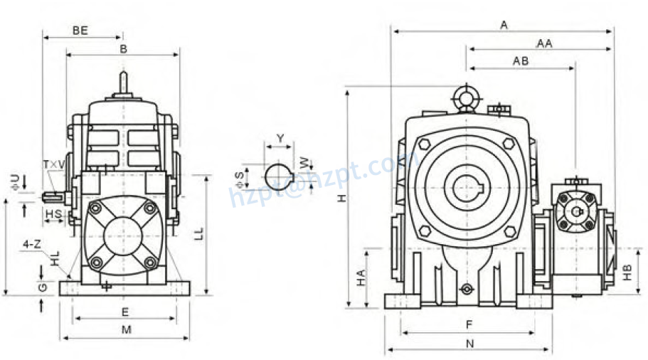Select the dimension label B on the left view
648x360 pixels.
coord(123,49)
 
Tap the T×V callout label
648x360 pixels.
coord(54,164)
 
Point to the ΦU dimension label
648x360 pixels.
coord(16,181)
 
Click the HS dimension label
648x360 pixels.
coord(53,213)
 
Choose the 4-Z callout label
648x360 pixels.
coord(31,244)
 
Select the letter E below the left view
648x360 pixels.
coord(125,312)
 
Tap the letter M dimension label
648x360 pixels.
coord(126,329)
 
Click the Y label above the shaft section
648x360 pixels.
coord(280,137)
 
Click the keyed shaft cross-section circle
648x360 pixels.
coord(278,175)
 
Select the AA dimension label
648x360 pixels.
coord(544,43)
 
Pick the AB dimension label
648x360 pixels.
coord(521,61)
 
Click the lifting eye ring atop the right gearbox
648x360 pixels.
coord(466,97)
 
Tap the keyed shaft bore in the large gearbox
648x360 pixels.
coord(466,189)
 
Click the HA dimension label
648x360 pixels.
coord(361,277)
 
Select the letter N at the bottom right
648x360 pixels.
coord(469,343)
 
